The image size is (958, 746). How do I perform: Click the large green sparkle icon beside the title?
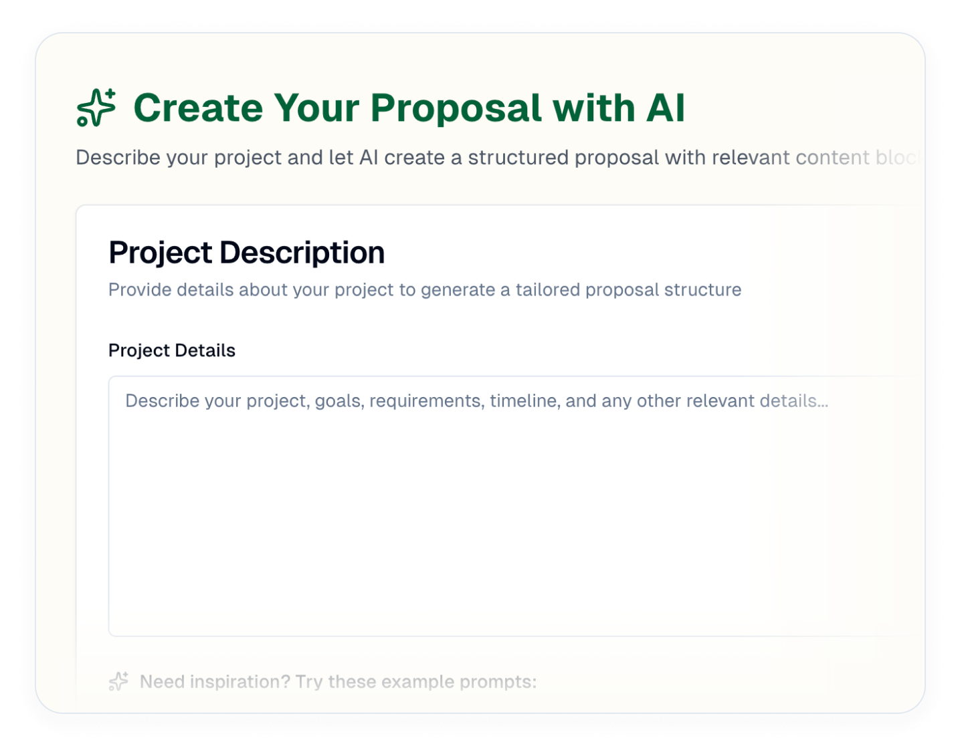point(96,108)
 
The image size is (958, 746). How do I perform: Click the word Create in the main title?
point(198,108)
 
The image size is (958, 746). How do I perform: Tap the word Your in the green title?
point(316,108)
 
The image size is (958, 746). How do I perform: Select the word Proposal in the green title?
point(456,109)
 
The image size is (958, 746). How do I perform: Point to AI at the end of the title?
point(665,108)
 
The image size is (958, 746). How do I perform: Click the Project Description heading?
point(246,253)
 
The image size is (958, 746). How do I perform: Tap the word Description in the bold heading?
point(302,253)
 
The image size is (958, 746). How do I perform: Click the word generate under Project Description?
point(457,290)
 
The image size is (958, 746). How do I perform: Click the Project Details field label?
point(172,350)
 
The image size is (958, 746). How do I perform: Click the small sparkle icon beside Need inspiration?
point(119,681)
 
